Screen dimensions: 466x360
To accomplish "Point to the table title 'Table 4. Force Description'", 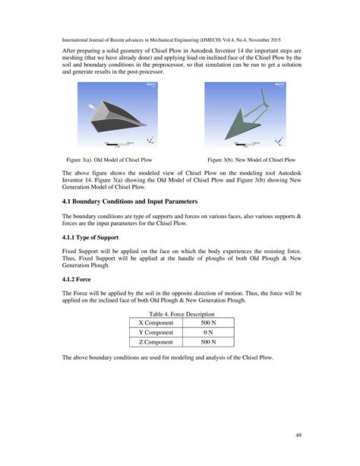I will point(179,314).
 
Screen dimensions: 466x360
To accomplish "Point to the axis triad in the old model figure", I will point(151,139).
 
